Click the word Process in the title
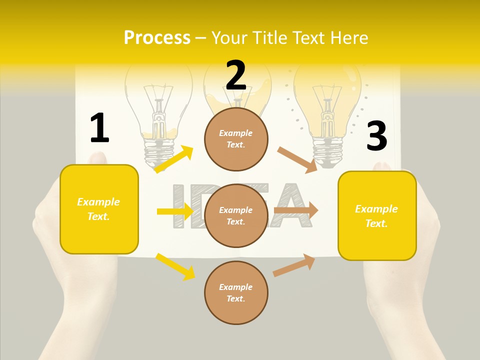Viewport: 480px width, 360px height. coord(157,37)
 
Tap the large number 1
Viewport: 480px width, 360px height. coord(99,128)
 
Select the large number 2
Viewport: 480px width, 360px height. coord(236,75)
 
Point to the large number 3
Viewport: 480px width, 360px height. coord(376,136)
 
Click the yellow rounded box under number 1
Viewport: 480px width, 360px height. coord(99,209)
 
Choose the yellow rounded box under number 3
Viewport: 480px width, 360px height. coord(377,215)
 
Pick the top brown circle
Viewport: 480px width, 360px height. coord(236,139)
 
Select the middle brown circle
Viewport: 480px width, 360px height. coord(236,215)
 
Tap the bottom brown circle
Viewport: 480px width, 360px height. coord(236,292)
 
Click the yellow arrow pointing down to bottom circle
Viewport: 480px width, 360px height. coord(175,266)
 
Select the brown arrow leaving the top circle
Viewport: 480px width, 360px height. coord(297,159)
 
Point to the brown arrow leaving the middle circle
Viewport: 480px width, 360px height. coord(296,210)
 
